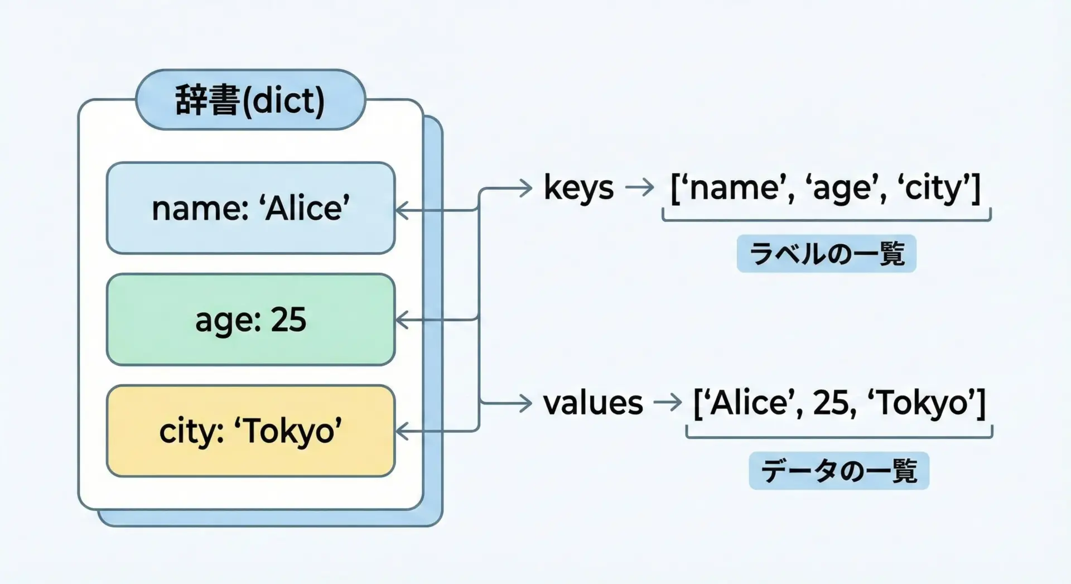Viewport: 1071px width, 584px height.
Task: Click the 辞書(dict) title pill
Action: coord(250,100)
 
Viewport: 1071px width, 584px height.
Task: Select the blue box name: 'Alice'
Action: coord(250,208)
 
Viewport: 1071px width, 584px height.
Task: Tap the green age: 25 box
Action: coord(250,320)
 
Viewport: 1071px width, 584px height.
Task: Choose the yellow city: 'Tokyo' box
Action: coord(250,431)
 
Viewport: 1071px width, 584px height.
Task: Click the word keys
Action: coord(578,188)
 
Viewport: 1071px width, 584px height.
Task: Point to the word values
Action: coord(593,403)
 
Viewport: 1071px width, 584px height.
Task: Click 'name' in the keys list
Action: coord(734,188)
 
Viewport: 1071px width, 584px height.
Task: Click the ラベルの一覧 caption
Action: coord(826,254)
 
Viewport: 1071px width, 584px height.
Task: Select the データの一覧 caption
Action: coord(839,471)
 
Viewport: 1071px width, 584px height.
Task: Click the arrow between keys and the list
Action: coord(640,188)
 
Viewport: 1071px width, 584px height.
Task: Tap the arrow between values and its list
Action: coord(668,402)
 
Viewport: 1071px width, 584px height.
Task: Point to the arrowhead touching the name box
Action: coord(401,210)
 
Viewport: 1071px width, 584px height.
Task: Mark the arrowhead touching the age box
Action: coord(401,320)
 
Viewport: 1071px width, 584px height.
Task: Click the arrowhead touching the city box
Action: coord(401,431)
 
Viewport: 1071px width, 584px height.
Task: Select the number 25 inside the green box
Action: coord(288,320)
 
